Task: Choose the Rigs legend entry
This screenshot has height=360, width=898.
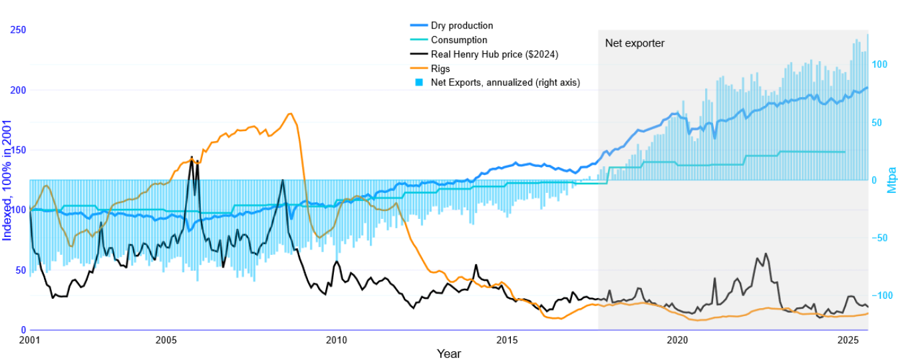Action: point(440,69)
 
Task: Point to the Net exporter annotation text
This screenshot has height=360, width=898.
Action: point(634,43)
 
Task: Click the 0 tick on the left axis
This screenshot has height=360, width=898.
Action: point(23,330)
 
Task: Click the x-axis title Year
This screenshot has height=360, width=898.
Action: point(448,353)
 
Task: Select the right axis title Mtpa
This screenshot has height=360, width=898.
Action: point(892,180)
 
